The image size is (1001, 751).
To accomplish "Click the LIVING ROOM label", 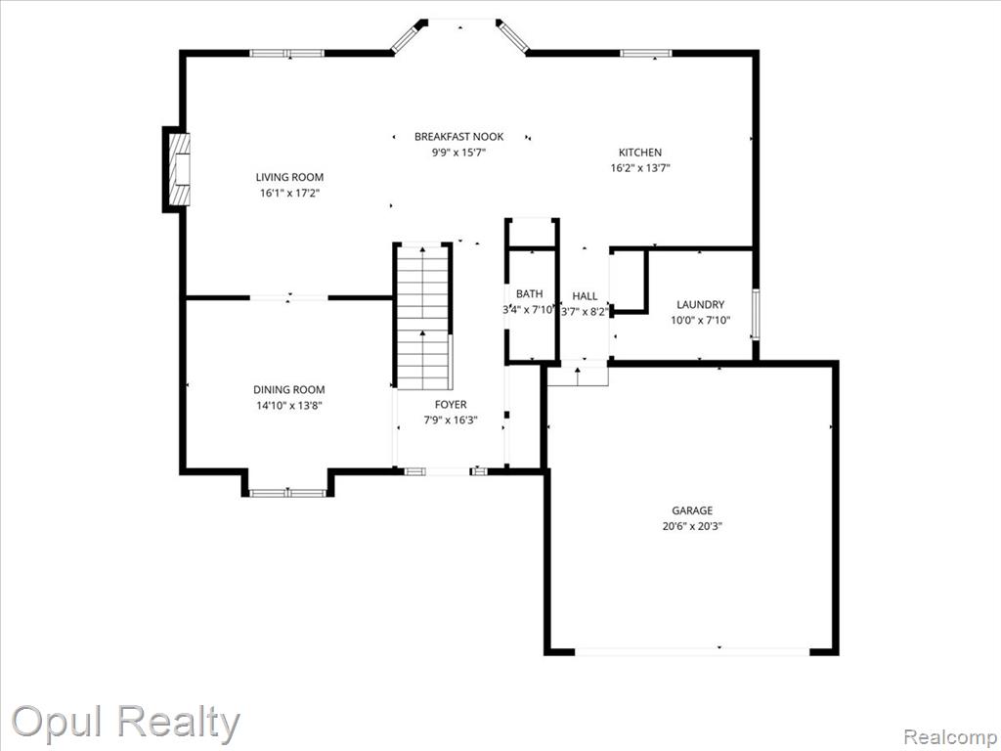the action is coord(289,178).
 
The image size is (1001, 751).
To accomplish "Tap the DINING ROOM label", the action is coord(288,389).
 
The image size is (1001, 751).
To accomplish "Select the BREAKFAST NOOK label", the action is coord(459,137).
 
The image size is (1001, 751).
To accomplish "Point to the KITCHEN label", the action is coord(640,153).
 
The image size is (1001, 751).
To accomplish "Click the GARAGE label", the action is coord(692,510).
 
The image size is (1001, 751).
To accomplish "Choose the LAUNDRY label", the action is coord(700,305).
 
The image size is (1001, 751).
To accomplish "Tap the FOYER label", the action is coord(451,404).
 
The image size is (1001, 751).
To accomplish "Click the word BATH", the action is coord(529,293).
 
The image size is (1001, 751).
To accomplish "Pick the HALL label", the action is coord(585,296).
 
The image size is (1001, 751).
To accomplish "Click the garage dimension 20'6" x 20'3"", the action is coord(692,527).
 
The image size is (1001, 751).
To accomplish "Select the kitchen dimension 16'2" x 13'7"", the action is coord(640,168).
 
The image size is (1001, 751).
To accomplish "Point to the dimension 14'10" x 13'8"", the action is coord(289,406).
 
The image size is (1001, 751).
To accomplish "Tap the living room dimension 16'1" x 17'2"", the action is coord(289,194).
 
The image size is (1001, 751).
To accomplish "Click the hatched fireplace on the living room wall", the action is coord(179,169).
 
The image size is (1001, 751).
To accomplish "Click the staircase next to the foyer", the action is coord(424,317).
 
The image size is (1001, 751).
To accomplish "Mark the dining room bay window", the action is coord(288,493).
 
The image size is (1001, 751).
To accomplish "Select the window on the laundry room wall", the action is coord(756,314).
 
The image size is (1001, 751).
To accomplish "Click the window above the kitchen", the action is coord(646,53).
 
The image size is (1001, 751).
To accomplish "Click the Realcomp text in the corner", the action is coord(951,737).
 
